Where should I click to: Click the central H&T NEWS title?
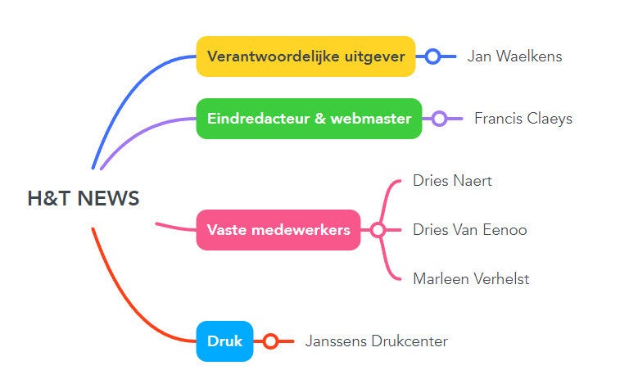(83, 199)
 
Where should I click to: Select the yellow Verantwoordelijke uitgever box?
(305, 56)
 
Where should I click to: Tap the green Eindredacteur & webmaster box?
(309, 119)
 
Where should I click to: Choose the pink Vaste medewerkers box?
(278, 230)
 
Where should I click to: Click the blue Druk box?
(224, 341)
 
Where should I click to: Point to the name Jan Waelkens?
(514, 56)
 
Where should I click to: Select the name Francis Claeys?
(523, 119)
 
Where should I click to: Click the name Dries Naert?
(452, 181)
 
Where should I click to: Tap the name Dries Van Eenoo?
(469, 230)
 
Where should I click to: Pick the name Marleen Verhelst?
(471, 279)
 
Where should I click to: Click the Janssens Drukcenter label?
(376, 341)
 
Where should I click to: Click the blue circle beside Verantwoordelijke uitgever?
(433, 56)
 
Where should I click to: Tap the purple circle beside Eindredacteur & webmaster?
(439, 119)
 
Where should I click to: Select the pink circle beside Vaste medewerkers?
(378, 230)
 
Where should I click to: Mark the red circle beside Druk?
(270, 341)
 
